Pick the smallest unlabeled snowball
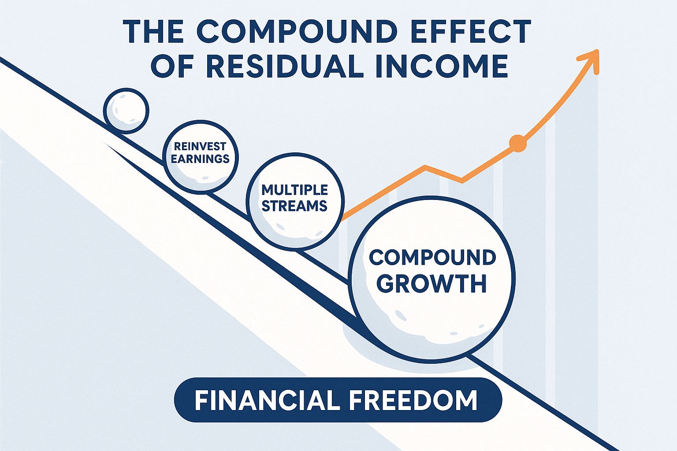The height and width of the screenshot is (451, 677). click(x=126, y=111)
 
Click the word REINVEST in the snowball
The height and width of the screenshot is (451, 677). click(x=200, y=147)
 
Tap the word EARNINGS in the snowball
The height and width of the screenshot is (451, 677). click(x=200, y=159)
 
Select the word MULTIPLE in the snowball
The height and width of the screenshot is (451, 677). click(x=295, y=190)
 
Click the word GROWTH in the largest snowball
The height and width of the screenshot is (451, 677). click(x=433, y=283)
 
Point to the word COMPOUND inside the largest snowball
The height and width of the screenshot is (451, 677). click(x=433, y=258)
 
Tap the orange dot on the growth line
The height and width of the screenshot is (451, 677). click(x=518, y=143)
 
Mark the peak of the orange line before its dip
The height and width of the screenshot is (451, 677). click(x=425, y=167)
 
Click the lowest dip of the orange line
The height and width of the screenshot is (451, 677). click(x=462, y=181)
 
